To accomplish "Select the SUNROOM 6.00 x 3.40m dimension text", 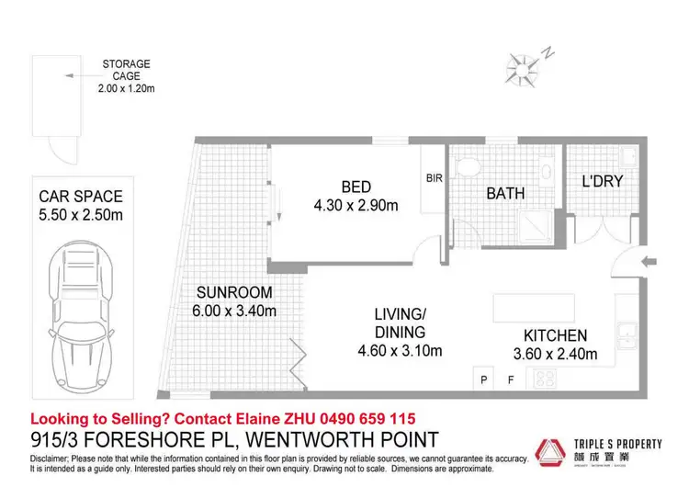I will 234,311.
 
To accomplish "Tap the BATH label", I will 505,194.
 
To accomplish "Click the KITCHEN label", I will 555,335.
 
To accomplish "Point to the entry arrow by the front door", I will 649,262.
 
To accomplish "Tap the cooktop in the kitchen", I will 548,377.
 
